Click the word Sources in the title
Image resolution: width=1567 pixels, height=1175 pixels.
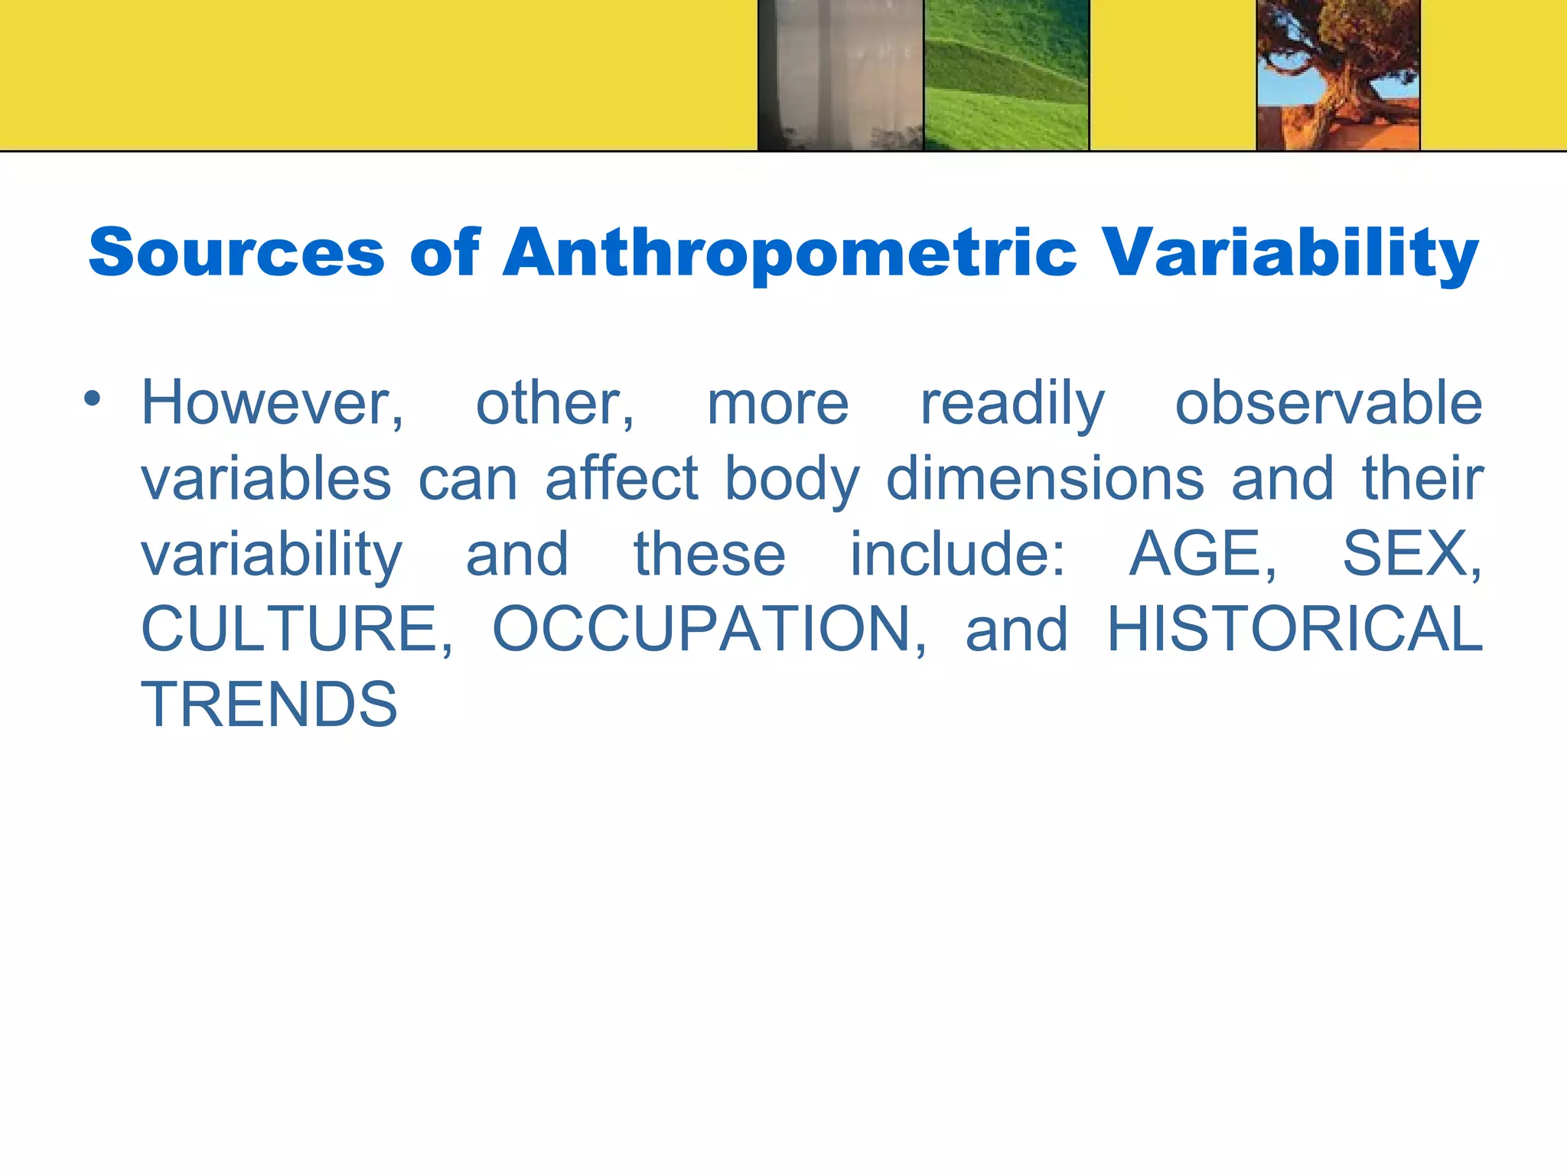coord(236,253)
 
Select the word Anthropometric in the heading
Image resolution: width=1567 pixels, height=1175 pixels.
coord(789,253)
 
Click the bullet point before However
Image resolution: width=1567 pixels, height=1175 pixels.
coord(93,399)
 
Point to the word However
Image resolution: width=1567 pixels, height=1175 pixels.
coord(272,403)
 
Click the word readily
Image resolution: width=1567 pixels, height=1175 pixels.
coord(1012,403)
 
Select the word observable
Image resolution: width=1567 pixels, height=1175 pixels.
coord(1328,403)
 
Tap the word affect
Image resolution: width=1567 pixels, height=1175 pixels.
coord(621,479)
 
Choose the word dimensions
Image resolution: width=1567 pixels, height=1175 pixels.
coord(1044,479)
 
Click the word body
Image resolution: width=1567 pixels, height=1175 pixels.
coord(792,479)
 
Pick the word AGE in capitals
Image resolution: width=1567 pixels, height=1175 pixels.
coord(1201,554)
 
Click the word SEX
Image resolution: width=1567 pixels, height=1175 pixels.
coord(1410,554)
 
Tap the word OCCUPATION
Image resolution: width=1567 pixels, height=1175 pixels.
coord(708,629)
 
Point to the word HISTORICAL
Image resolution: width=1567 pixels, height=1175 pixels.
coord(1295,629)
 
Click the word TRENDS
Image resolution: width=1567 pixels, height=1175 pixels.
coord(269,705)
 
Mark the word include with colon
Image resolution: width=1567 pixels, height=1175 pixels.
coord(956,554)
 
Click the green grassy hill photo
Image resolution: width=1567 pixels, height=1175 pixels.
coord(1006,75)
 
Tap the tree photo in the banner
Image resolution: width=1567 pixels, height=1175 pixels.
coord(1338,75)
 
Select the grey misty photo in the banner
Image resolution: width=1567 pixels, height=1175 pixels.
coord(840,75)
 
